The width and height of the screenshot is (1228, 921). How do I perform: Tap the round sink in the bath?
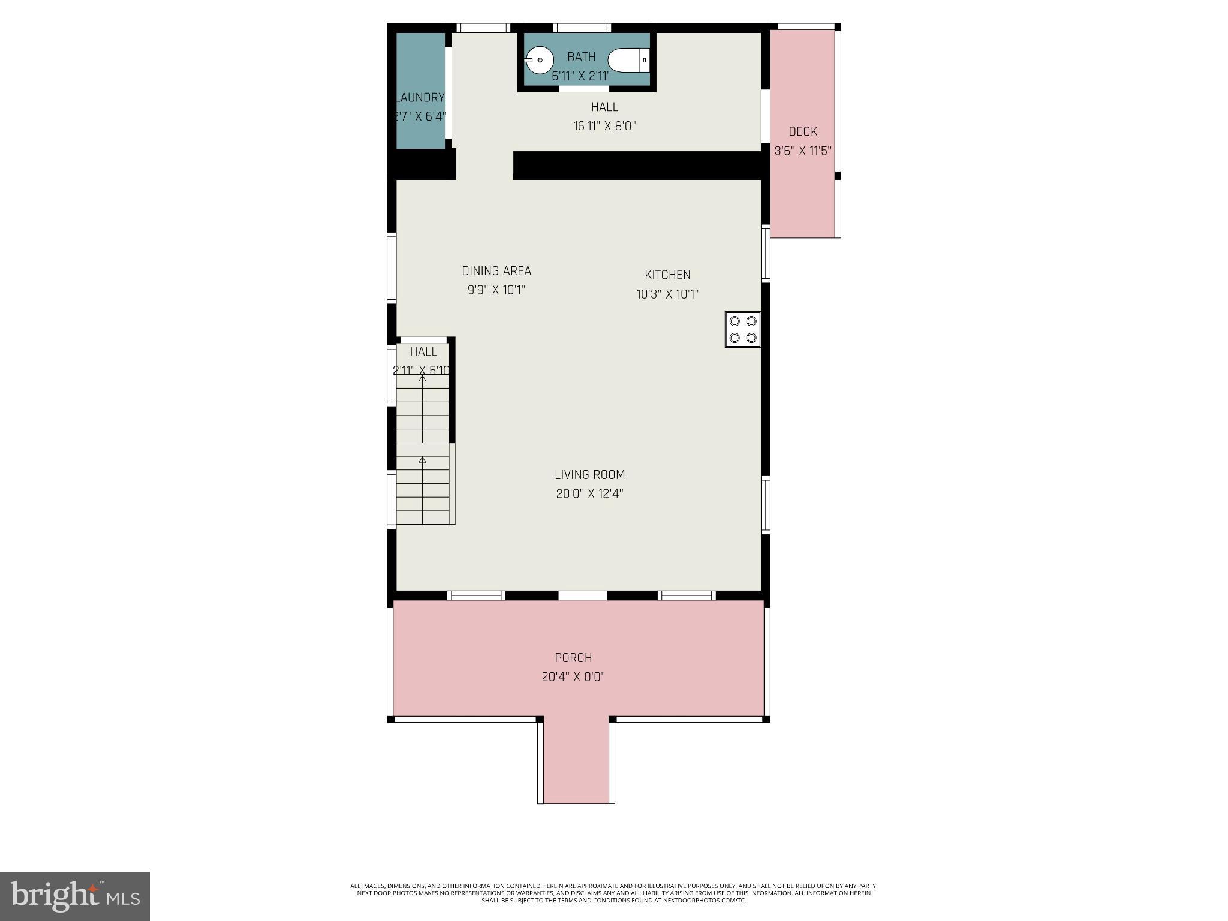540,60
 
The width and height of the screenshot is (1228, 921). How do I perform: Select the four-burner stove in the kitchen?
743,329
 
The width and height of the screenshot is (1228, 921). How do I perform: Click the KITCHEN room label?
667,275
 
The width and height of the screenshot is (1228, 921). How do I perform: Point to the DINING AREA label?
496,271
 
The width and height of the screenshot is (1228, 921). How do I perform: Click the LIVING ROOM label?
590,475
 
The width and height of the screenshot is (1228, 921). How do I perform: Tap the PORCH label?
573,658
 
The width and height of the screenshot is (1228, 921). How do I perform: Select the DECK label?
803,131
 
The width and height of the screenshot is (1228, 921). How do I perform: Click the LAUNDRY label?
420,97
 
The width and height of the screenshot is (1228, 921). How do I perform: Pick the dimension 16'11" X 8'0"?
604,126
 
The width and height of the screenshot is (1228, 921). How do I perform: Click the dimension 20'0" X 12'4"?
590,494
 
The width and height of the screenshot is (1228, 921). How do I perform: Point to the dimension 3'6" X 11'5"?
803,151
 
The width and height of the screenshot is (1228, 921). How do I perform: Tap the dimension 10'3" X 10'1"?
667,294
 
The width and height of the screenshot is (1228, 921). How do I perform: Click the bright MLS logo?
75,896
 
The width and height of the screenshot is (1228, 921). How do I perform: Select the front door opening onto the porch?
583,595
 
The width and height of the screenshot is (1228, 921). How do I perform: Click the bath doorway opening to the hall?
584,89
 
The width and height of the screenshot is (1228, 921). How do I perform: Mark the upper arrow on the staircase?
422,379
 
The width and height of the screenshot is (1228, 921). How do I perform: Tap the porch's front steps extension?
576,762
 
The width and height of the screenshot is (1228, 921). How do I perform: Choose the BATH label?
582,57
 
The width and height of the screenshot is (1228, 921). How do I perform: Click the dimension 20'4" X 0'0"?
573,677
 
